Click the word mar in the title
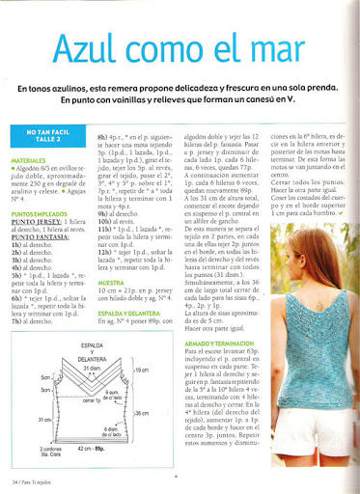[x=310, y=47]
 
